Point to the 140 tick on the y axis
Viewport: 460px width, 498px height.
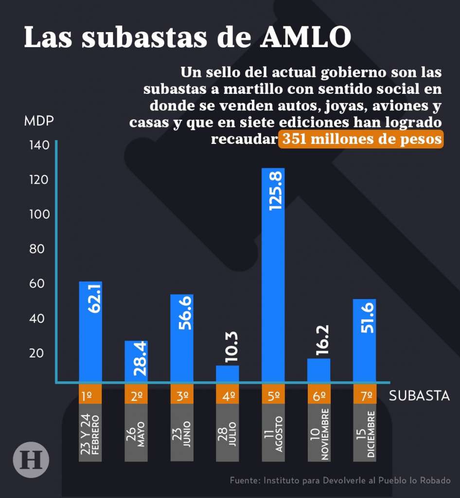click(39, 145)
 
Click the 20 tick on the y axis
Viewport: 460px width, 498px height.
click(36, 353)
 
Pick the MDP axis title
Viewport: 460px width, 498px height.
click(38, 121)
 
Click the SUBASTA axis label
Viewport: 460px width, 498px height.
click(419, 396)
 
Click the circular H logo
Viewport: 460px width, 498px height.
click(31, 459)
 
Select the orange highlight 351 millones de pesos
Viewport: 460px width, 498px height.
click(360, 139)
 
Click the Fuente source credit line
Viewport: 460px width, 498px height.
click(340, 480)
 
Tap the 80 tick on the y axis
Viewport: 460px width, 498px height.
click(36, 249)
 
